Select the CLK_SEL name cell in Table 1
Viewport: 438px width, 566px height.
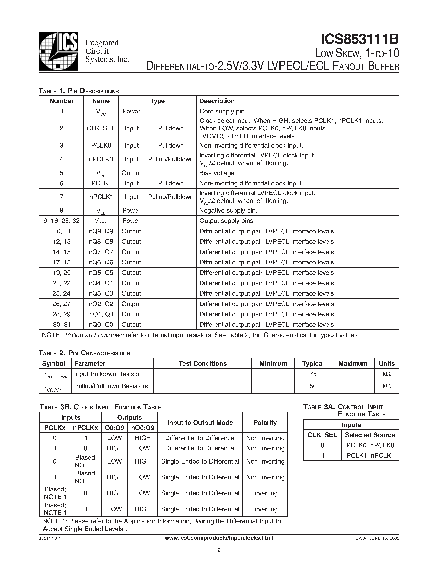(101, 128)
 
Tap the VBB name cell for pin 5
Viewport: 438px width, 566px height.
(101, 173)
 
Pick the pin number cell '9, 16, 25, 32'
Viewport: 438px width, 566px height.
(61, 221)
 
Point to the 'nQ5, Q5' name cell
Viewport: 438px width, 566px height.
(101, 273)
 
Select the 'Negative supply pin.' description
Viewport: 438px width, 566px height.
(228, 210)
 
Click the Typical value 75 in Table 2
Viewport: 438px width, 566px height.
(313, 374)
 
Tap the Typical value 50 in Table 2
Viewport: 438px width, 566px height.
(313, 386)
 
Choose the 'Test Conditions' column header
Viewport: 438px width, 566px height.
(202, 364)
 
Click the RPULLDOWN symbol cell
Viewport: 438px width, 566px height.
(55, 374)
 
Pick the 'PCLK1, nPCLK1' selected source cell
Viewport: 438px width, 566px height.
(370, 456)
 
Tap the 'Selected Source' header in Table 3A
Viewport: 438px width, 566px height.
(370, 435)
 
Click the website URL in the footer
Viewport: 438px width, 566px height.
(219, 538)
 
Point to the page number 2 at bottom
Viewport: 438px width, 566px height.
(219, 550)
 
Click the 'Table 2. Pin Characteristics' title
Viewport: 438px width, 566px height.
(84, 353)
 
